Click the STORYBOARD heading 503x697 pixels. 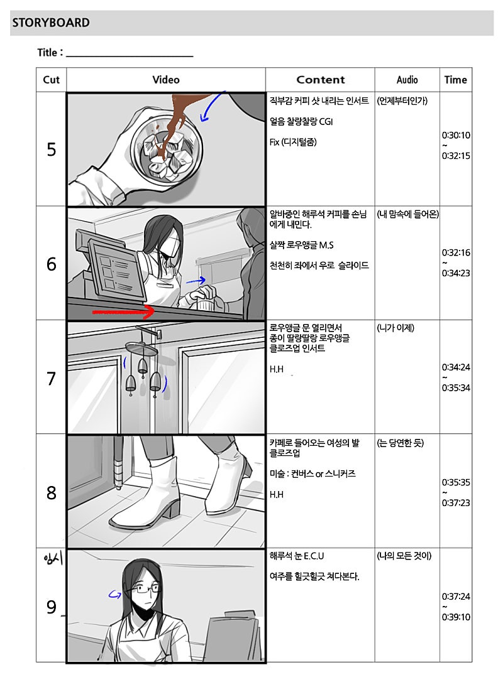pos(51,22)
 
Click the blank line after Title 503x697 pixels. pos(130,57)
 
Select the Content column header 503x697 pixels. pos(321,80)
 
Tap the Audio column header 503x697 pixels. pos(407,80)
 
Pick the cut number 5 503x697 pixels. pos(51,149)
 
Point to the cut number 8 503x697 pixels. pos(51,492)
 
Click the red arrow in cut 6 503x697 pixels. pos(123,312)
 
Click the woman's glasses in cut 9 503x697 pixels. pos(143,590)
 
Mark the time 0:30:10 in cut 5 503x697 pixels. pos(456,135)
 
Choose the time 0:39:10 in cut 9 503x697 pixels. pos(456,617)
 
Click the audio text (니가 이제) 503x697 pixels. pos(395,328)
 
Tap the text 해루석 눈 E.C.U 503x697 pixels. pos(297,556)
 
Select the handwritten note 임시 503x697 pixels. pos(53,558)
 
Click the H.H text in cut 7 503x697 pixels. pos(277,369)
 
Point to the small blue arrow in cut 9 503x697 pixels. pos(115,594)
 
